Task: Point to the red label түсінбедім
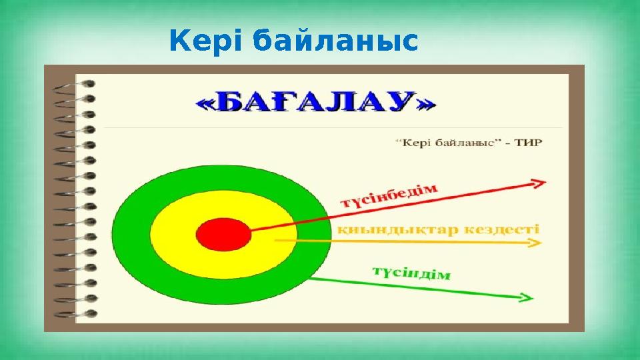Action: coord(390,196)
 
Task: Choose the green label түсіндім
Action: coord(411,273)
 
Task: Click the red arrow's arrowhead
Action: coord(539,182)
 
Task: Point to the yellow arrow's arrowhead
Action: coord(535,243)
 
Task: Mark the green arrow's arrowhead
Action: coord(526,297)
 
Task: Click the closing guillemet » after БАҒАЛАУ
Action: coord(426,104)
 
